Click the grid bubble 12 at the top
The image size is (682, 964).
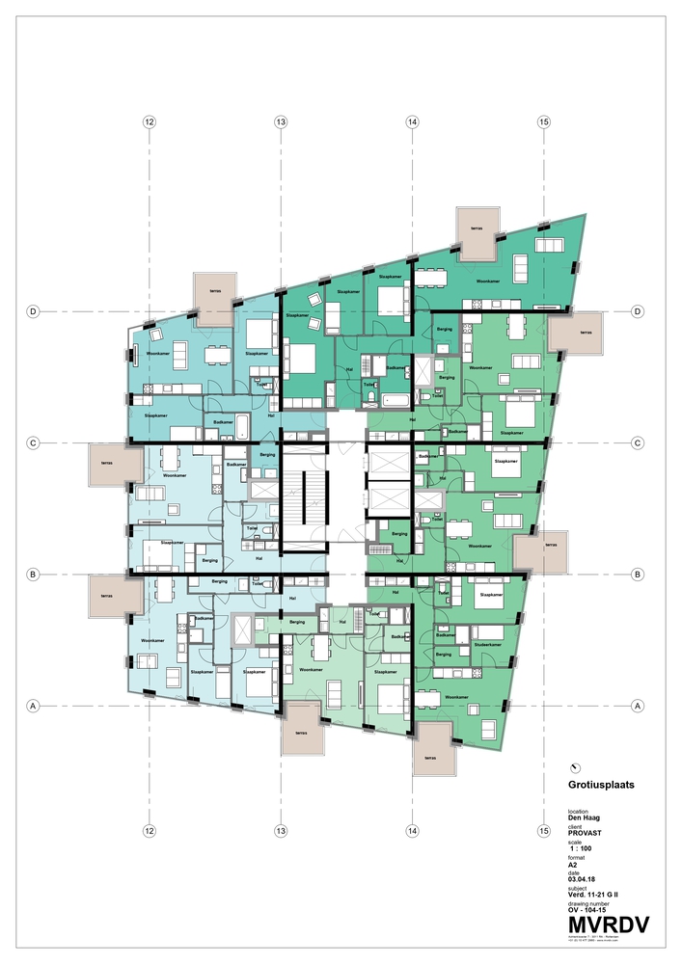(x=149, y=122)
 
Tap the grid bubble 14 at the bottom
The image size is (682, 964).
(x=412, y=830)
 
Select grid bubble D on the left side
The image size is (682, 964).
(x=33, y=311)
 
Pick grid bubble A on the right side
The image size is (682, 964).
(x=638, y=706)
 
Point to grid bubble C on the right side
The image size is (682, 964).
(x=638, y=443)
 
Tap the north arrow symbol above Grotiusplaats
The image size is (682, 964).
(x=576, y=766)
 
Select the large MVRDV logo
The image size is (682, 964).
(x=608, y=924)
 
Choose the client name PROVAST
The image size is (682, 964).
(x=587, y=834)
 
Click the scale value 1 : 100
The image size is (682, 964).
(x=584, y=849)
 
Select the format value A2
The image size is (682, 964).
(x=573, y=865)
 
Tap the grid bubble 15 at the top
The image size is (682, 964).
(x=544, y=122)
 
